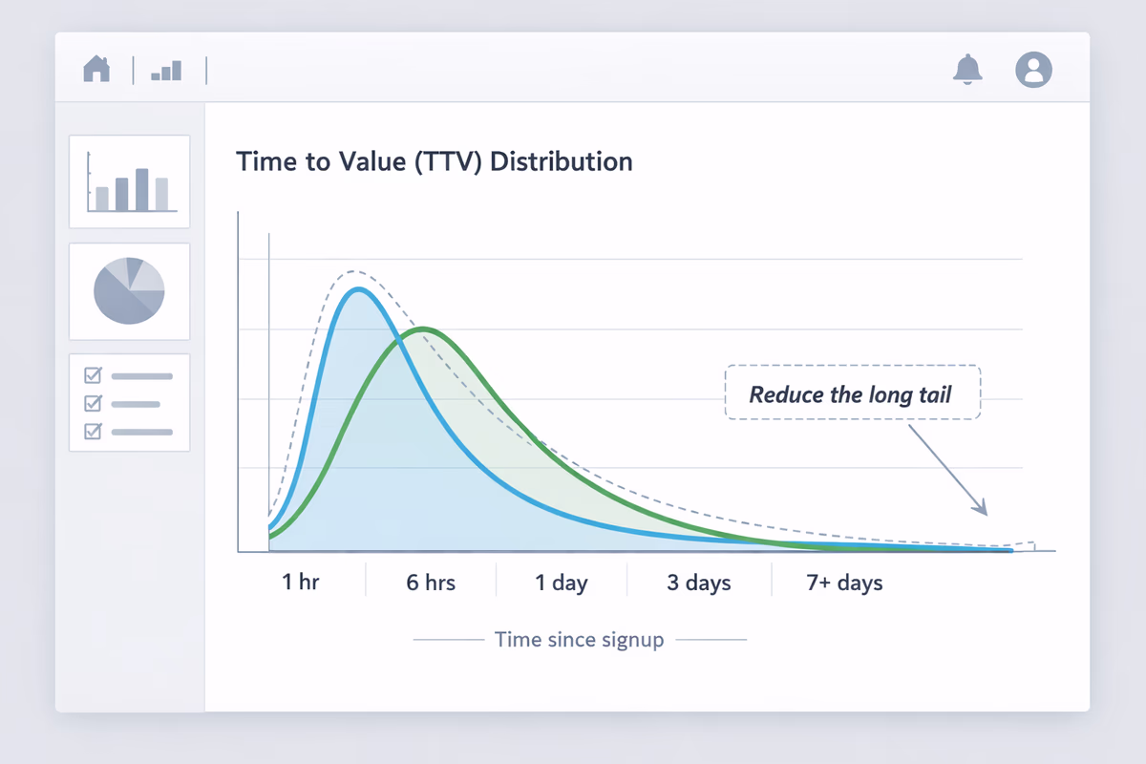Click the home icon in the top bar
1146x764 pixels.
(96, 69)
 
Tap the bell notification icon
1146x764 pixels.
(967, 69)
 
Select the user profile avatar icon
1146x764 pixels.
(1033, 70)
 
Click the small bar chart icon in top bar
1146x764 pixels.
(166, 71)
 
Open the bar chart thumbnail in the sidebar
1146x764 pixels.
(130, 181)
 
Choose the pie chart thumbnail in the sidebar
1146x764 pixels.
(130, 291)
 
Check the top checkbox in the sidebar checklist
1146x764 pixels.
(94, 375)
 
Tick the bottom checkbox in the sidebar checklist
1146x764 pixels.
(94, 431)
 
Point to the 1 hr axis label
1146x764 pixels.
(301, 582)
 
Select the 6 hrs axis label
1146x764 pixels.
(431, 582)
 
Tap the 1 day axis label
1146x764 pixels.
(562, 582)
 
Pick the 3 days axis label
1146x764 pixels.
(699, 582)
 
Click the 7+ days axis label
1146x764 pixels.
(844, 582)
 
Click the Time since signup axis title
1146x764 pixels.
(580, 639)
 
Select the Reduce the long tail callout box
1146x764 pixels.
(852, 393)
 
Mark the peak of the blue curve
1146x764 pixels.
(357, 289)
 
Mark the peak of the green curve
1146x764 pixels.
(424, 329)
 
